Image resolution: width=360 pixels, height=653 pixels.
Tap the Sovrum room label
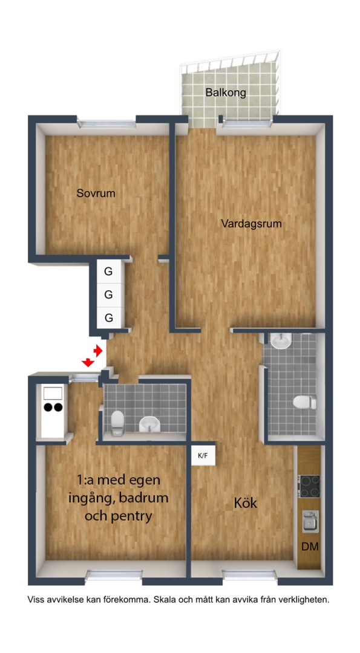tap(96, 194)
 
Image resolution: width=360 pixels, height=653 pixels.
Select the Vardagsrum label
tap(251, 223)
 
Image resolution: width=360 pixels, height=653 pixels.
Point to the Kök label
tap(246, 503)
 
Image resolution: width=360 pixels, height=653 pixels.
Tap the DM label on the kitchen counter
tap(310, 547)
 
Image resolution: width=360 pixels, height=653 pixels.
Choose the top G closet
tap(108, 271)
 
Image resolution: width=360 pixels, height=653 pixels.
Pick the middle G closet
tap(108, 295)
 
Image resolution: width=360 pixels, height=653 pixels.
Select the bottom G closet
tap(108, 317)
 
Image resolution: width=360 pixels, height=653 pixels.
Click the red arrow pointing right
tap(97, 351)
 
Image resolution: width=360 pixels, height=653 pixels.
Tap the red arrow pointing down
tap(88, 362)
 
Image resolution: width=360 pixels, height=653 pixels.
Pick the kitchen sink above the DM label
tap(310, 521)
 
